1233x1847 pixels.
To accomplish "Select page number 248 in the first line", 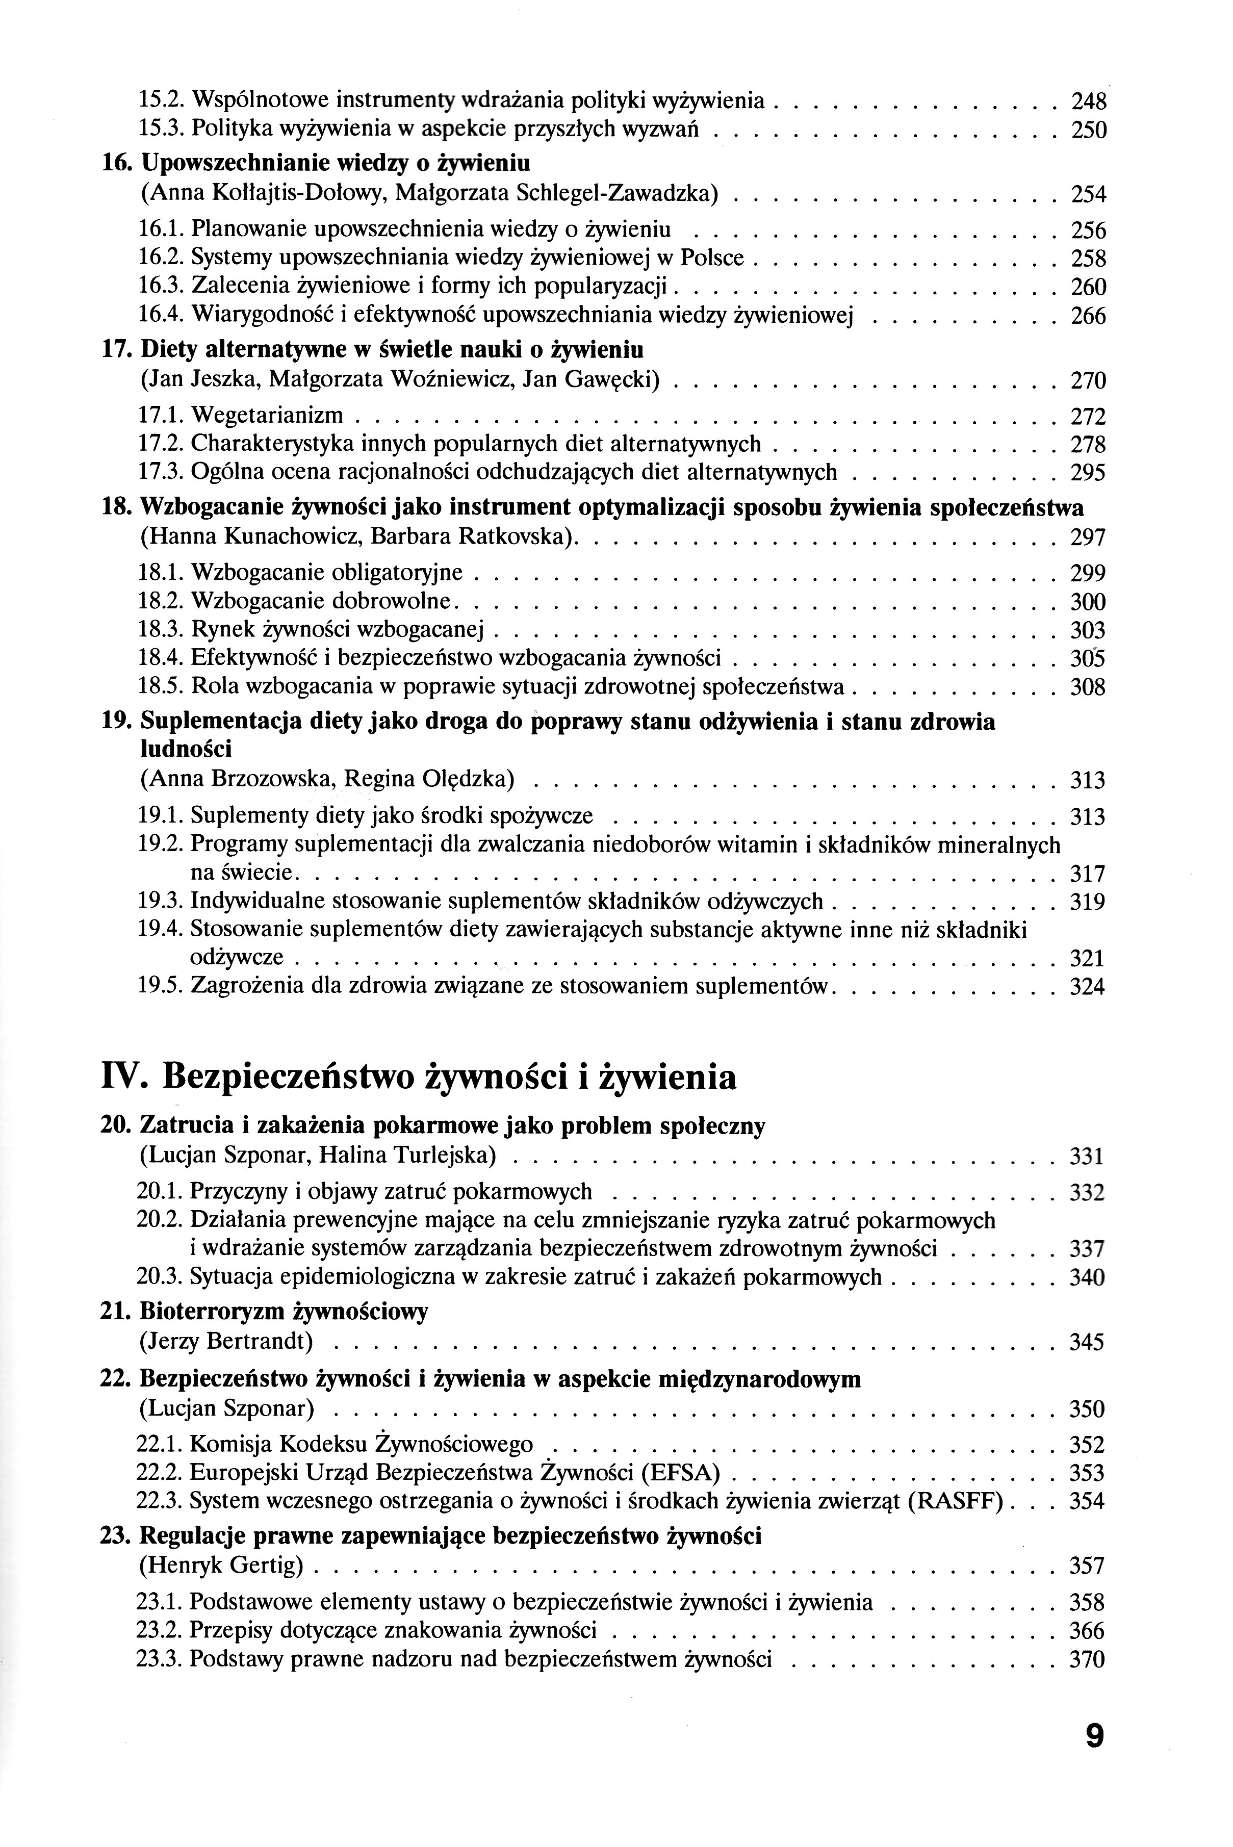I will tap(1089, 101).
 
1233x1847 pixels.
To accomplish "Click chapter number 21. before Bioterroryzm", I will tap(116, 1312).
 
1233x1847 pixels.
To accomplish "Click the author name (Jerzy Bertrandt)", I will tap(226, 1342).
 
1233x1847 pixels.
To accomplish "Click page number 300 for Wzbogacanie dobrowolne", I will tap(1088, 602).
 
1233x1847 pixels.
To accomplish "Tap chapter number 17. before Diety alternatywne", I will tap(116, 348).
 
